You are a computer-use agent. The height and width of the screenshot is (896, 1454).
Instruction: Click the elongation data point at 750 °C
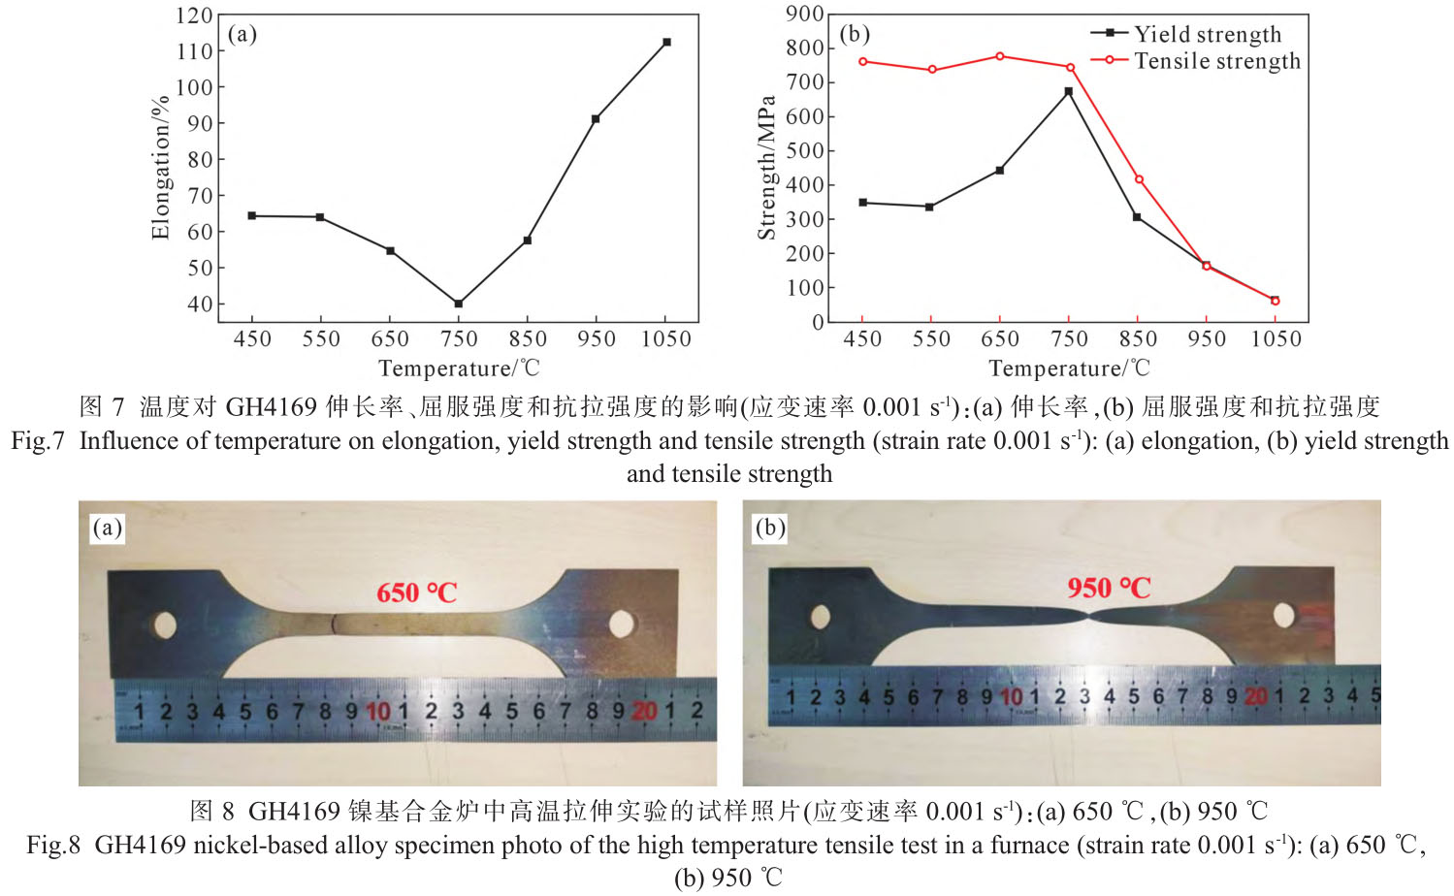tap(458, 304)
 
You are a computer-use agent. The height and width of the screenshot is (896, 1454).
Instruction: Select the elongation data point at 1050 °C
tap(666, 43)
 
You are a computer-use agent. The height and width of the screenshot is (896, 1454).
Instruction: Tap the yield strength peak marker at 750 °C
tap(1069, 91)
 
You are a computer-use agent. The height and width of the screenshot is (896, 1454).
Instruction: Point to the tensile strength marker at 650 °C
tap(1000, 56)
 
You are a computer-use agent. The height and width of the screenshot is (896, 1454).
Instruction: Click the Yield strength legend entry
tap(1207, 34)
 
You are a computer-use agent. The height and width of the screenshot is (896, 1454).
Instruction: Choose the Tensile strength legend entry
tap(1216, 61)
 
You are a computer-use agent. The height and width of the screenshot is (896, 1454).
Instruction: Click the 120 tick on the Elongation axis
tap(194, 16)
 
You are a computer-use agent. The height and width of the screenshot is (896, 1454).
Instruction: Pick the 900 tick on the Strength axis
tap(805, 14)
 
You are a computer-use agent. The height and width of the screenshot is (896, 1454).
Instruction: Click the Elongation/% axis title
tap(160, 167)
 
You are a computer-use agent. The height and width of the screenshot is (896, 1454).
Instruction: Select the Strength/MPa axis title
tap(766, 167)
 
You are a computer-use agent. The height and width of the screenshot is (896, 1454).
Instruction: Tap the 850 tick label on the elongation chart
tap(528, 338)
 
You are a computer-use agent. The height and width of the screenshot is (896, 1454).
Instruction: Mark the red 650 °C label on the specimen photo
tap(416, 592)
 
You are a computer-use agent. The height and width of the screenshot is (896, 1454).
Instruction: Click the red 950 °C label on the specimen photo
tap(1109, 588)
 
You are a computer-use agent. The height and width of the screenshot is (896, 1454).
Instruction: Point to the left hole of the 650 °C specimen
tap(165, 624)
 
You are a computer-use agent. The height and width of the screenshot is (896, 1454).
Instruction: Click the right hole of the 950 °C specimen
tap(1284, 615)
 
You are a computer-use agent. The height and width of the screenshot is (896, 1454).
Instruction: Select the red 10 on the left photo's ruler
tap(377, 712)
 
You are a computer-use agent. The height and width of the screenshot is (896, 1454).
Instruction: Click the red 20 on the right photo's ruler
tap(1255, 696)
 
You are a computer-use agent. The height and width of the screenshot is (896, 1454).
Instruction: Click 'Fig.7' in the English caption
tap(38, 441)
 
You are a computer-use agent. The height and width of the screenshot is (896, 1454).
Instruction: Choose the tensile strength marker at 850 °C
tap(1139, 179)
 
